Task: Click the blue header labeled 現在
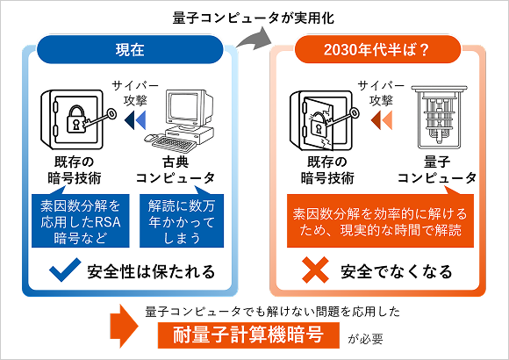pyautogui.click(x=130, y=49)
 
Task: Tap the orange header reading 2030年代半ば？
pyautogui.click(x=377, y=49)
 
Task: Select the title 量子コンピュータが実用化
pyautogui.click(x=254, y=18)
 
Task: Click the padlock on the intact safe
pyautogui.click(x=76, y=119)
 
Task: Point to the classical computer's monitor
pyautogui.click(x=189, y=109)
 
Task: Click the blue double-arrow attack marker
pyautogui.click(x=135, y=120)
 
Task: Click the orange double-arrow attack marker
pyautogui.click(x=382, y=120)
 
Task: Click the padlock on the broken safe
pyautogui.click(x=318, y=125)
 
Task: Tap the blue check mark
pyautogui.click(x=65, y=270)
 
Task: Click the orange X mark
pyautogui.click(x=316, y=270)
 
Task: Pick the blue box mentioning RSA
pyautogui.click(x=81, y=221)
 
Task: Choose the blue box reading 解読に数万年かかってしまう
pyautogui.click(x=182, y=221)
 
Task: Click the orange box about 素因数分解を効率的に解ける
pyautogui.click(x=380, y=221)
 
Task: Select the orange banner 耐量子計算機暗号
pyautogui.click(x=248, y=335)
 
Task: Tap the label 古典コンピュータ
pyautogui.click(x=176, y=170)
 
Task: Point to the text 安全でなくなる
pyautogui.click(x=397, y=271)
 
